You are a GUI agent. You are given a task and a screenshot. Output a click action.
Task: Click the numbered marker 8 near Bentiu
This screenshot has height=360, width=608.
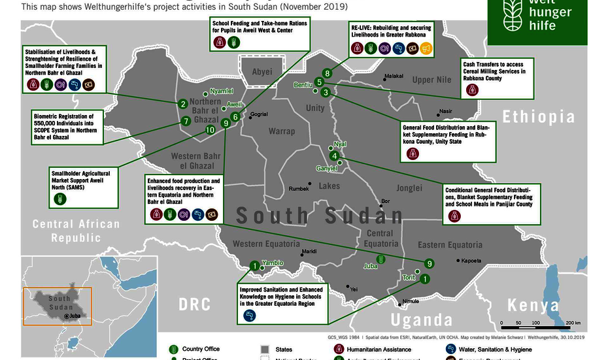[x=327, y=73]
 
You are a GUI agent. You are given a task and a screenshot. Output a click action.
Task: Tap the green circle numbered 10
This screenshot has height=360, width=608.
[x=210, y=130]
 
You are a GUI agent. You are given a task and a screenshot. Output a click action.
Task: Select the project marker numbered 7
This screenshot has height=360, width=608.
[x=186, y=121]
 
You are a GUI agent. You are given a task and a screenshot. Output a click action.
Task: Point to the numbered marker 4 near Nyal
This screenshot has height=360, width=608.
[x=334, y=156]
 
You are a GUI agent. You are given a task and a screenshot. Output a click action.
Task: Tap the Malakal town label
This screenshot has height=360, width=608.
[x=394, y=76]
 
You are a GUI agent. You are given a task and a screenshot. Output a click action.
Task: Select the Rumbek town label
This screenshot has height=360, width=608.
[x=299, y=189]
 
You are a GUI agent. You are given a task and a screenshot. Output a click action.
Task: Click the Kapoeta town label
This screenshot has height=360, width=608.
[x=471, y=261]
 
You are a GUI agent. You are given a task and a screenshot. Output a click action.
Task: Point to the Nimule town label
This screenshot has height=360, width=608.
[x=411, y=301]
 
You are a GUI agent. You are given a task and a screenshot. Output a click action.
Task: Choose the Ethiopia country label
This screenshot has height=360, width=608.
[x=538, y=117]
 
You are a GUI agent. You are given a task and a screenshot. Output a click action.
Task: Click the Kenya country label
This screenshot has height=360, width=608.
[x=533, y=306]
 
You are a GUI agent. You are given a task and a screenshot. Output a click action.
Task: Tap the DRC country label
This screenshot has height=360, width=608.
[x=195, y=304]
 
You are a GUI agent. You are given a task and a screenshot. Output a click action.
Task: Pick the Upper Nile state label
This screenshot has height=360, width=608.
[x=431, y=80]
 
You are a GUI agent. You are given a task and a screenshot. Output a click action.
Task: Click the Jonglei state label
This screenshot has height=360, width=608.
[x=409, y=188]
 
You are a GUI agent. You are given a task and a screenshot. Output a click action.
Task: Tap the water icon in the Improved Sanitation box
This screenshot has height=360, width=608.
[x=249, y=316]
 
